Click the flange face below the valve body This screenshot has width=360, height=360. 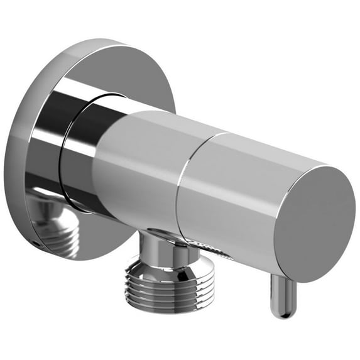point(101,242)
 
